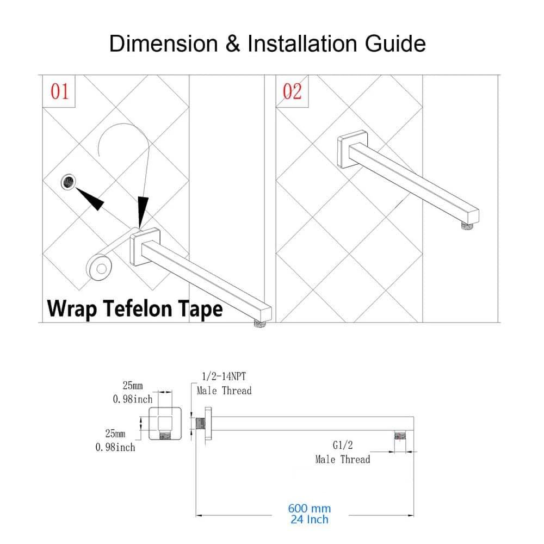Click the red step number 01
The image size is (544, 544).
click(60, 91)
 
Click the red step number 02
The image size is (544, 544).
click(292, 91)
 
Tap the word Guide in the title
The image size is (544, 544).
click(395, 44)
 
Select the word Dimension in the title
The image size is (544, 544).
click(163, 44)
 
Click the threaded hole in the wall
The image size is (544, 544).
click(69, 182)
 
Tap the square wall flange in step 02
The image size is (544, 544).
click(353, 149)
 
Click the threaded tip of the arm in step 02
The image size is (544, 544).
click(468, 226)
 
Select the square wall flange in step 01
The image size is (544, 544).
click(145, 246)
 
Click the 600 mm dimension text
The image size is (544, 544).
click(309, 508)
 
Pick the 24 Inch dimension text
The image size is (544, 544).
click(309, 520)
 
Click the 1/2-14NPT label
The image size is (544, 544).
click(224, 376)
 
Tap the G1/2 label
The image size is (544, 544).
click(342, 445)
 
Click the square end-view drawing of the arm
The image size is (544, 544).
click(165, 424)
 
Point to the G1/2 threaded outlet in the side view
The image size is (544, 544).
click(400, 435)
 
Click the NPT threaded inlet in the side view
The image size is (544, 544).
click(201, 423)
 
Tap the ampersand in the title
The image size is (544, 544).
click(232, 44)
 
